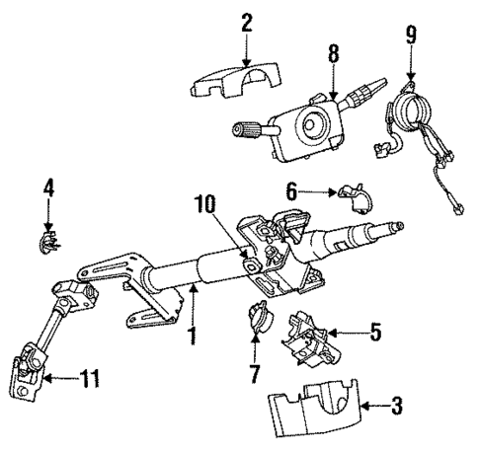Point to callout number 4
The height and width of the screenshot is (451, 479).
pos(46,186)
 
